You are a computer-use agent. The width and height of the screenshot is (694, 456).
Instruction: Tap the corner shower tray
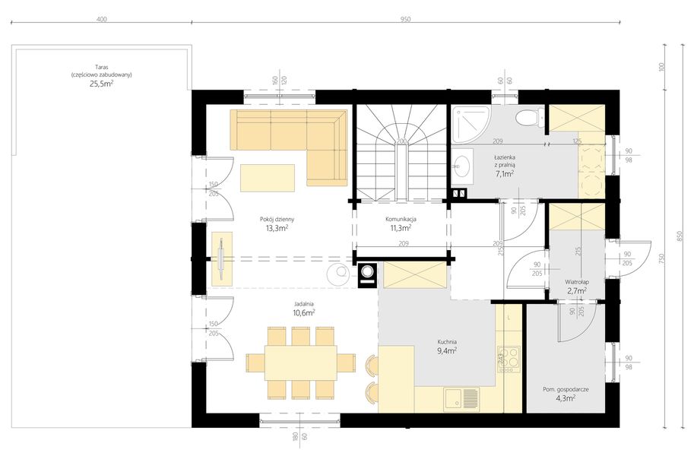pyautogui.click(x=470, y=124)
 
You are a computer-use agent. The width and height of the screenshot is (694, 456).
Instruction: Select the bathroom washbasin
pyautogui.click(x=462, y=166)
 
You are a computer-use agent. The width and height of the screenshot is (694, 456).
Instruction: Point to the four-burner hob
pyautogui.click(x=509, y=359)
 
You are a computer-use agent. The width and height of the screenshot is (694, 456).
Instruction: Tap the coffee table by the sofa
pyautogui.click(x=268, y=178)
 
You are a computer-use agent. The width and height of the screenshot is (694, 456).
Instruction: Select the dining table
pyautogui.click(x=301, y=363)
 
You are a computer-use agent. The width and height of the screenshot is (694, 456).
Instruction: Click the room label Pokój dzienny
pyautogui.click(x=277, y=219)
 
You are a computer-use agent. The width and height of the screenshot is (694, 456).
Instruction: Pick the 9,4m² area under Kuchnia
pyautogui.click(x=447, y=350)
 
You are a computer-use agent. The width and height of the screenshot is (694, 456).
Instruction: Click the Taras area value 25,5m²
pyautogui.click(x=101, y=84)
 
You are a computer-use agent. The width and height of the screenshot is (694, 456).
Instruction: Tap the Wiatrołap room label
pyautogui.click(x=577, y=281)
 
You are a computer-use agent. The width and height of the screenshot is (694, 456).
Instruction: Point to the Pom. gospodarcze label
pyautogui.click(x=566, y=390)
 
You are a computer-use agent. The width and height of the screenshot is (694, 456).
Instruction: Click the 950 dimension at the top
pyautogui.click(x=405, y=19)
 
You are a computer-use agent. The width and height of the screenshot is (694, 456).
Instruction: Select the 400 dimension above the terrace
pyautogui.click(x=101, y=19)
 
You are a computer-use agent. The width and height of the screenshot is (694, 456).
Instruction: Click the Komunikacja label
pyautogui.click(x=401, y=219)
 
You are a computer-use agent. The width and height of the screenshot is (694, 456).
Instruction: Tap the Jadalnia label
pyautogui.click(x=303, y=304)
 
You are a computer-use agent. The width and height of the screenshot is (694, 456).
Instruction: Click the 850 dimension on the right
pyautogui.click(x=686, y=236)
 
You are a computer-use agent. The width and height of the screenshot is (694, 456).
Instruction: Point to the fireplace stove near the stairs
pyautogui.click(x=367, y=274)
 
